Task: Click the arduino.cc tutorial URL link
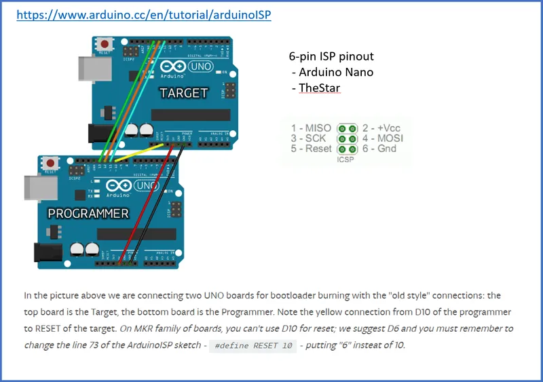pyautogui.click(x=143, y=14)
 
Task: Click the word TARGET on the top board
pyautogui.click(x=183, y=93)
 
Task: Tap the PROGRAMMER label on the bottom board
pyautogui.click(x=88, y=214)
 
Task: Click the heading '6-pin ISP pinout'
pyautogui.click(x=331, y=56)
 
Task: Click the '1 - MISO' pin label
pyautogui.click(x=311, y=128)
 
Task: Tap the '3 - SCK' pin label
pyautogui.click(x=309, y=138)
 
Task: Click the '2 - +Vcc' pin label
pyautogui.click(x=381, y=128)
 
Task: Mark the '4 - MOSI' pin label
pyautogui.click(x=382, y=138)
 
